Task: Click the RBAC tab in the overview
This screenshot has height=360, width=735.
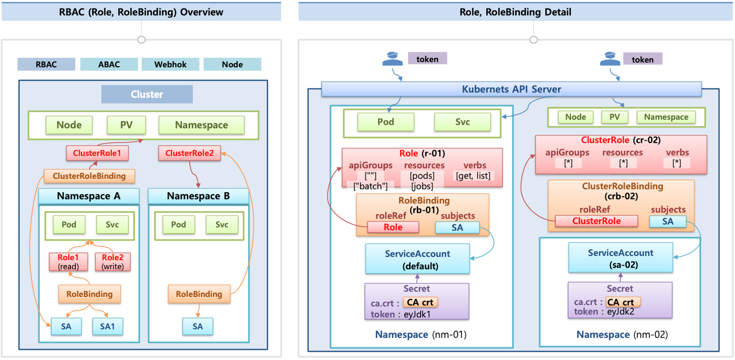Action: [46, 64]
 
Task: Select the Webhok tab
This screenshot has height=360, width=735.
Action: [171, 64]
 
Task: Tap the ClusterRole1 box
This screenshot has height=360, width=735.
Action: [97, 153]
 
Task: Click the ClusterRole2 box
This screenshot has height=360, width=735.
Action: [190, 153]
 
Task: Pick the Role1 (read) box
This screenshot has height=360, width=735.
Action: [68, 262]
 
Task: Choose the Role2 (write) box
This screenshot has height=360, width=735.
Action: [113, 262]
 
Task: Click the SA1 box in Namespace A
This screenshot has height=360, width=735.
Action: [108, 327]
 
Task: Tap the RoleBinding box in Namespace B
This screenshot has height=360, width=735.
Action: [199, 294]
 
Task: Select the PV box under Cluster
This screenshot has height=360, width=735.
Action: [126, 125]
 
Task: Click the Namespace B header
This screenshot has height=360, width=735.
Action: [198, 196]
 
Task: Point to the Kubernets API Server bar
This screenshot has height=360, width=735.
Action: [512, 89]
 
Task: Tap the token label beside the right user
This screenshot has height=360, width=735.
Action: [643, 59]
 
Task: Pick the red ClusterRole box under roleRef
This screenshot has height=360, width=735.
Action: [596, 221]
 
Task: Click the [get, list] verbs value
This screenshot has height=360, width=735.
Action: [473, 176]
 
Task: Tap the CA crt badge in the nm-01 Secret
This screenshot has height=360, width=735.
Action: [420, 302]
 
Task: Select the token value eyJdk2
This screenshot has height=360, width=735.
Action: [621, 311]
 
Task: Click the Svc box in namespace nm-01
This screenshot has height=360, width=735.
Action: [463, 122]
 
